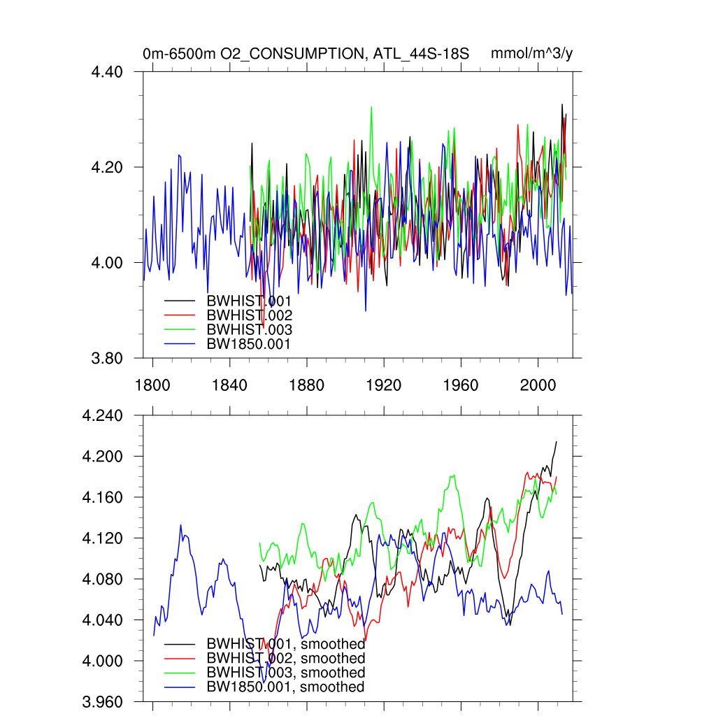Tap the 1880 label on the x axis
click(306, 385)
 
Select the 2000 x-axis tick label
click(538, 385)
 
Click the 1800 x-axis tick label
click(152, 385)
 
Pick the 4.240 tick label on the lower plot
click(103, 416)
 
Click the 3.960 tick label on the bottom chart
click(103, 701)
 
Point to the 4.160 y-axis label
click(103, 498)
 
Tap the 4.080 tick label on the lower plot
click(103, 579)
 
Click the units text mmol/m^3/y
click(532, 54)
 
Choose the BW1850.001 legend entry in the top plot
click(248, 344)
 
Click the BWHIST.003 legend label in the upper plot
click(249, 329)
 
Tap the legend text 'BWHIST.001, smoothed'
click(285, 644)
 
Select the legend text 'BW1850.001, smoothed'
click(285, 687)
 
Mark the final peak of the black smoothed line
click(557, 442)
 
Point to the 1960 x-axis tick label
click(461, 385)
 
